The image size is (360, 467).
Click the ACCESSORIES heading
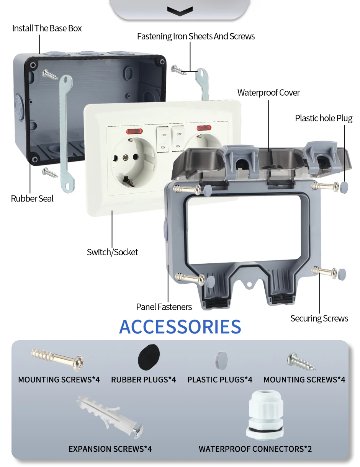pyautogui.click(x=180, y=327)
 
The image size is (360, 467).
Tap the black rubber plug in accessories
pyautogui.click(x=149, y=356)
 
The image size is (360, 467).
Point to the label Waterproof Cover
pyautogui.click(x=268, y=93)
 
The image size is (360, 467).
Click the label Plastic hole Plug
pyautogui.click(x=324, y=118)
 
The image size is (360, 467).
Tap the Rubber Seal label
pyautogui.click(x=32, y=199)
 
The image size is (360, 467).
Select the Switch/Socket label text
pyautogui.click(x=112, y=252)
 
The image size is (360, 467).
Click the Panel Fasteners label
pyautogui.click(x=164, y=307)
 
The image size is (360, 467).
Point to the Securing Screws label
pyautogui.click(x=319, y=318)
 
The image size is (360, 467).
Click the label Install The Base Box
pyautogui.click(x=47, y=28)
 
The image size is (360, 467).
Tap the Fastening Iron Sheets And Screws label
pyautogui.click(x=196, y=36)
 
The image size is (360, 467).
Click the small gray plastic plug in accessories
pyautogui.click(x=223, y=359)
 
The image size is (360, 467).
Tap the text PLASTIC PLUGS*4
pyautogui.click(x=220, y=380)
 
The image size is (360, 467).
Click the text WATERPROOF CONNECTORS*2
pyautogui.click(x=255, y=449)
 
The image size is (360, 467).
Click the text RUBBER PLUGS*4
pyautogui.click(x=144, y=380)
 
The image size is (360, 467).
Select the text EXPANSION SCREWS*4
pyautogui.click(x=110, y=449)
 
